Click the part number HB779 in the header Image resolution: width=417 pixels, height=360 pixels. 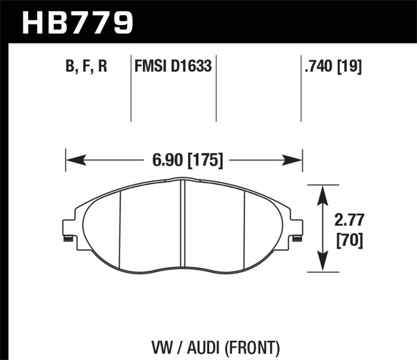78,22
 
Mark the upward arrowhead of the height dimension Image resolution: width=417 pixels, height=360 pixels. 323,193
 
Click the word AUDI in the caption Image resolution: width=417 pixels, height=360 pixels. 210,345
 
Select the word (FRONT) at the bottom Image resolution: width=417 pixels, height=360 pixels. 255,345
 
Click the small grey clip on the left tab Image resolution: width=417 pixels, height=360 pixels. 67,239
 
